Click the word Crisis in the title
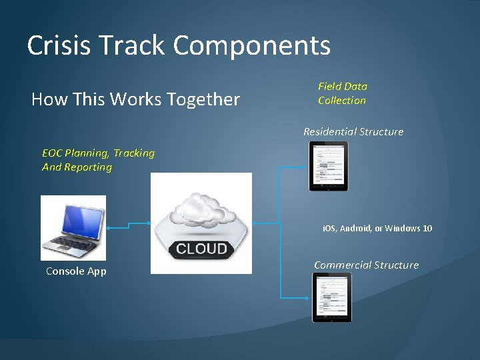click(x=61, y=45)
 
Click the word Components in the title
click(x=252, y=45)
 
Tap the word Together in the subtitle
click(x=208, y=99)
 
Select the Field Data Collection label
click(x=342, y=93)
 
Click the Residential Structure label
click(x=353, y=132)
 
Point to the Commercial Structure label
click(x=366, y=265)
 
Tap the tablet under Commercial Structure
click(x=331, y=297)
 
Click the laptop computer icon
click(x=73, y=227)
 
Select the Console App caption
click(x=76, y=271)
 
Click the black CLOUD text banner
click(x=201, y=249)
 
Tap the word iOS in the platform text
click(x=329, y=229)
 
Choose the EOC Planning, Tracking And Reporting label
click(x=98, y=160)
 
